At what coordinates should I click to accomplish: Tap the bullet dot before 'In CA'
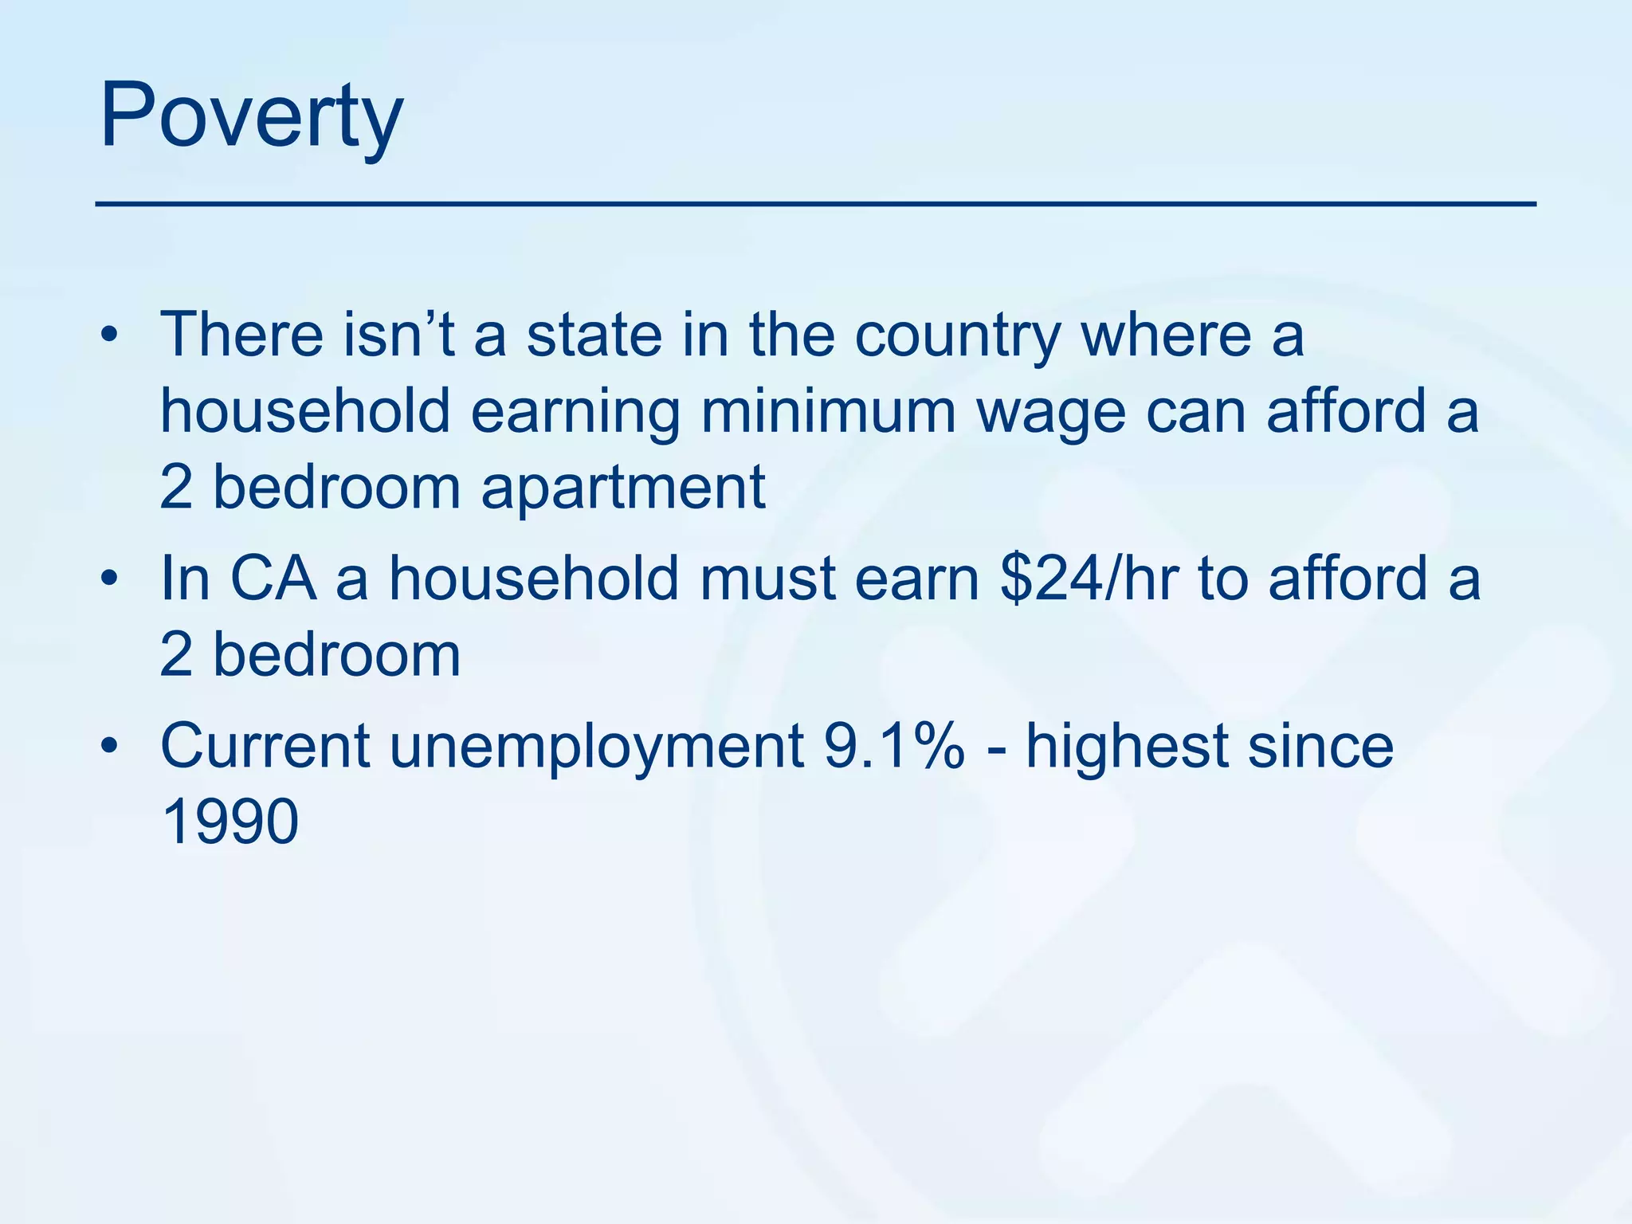coord(109,579)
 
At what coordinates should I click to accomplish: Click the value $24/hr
coord(1089,578)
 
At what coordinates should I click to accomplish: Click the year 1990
coord(229,822)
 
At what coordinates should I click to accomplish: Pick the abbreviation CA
coord(273,578)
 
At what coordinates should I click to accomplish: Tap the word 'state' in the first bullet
coord(594,335)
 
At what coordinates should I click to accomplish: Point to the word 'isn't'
coord(399,335)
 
